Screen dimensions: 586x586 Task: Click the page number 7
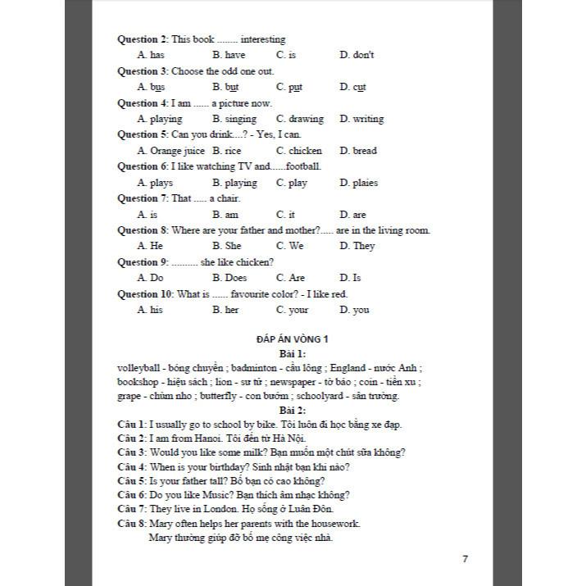pos(465,559)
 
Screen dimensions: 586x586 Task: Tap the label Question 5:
pos(143,134)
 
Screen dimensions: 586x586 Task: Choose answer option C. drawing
pos(300,119)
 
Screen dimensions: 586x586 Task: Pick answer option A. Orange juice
pos(171,151)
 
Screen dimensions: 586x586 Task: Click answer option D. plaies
pos(358,183)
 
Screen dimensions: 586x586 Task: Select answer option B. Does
pos(227,278)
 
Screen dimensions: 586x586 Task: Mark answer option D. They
pos(357,246)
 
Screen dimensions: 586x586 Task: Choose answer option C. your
pos(293,310)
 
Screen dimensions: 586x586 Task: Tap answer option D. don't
pos(357,55)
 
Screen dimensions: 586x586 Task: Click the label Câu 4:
pos(132,466)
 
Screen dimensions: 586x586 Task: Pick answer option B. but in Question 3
pos(225,87)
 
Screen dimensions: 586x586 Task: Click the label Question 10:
pos(145,293)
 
